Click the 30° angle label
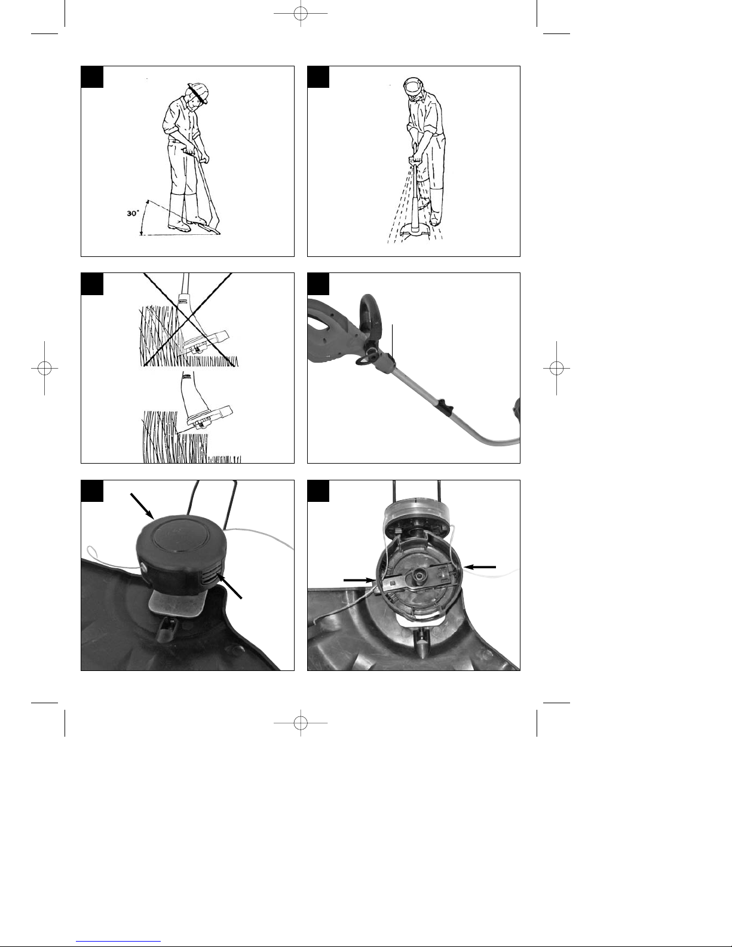tap(133, 213)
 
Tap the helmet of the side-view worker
tap(198, 92)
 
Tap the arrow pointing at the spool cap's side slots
tap(231, 586)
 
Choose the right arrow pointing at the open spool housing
tap(480, 567)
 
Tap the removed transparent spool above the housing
tap(416, 516)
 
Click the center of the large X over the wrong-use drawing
tap(189, 320)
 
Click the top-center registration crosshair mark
tap(301, 14)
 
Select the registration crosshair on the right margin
tap(556, 368)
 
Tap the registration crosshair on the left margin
tap(44, 368)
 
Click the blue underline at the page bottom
tap(118, 942)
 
